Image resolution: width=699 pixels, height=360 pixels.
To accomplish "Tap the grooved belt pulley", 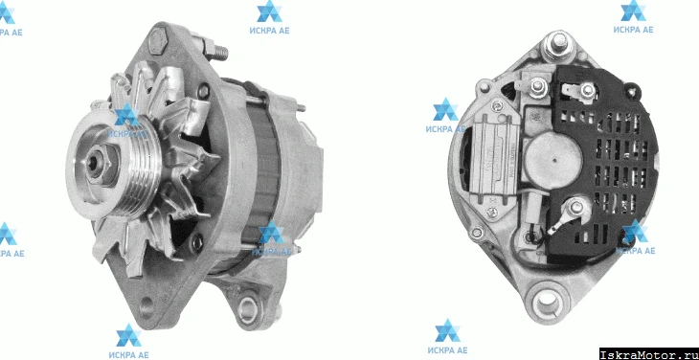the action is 114,165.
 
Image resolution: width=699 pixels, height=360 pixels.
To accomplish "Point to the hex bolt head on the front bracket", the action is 157,40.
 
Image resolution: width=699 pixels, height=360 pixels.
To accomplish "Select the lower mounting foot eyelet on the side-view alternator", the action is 248,307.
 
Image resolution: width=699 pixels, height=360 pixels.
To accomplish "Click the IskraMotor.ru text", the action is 647,354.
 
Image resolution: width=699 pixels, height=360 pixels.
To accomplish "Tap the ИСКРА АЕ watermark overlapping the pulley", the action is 127,121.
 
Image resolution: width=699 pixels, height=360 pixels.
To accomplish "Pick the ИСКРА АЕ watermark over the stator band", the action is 271,238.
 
